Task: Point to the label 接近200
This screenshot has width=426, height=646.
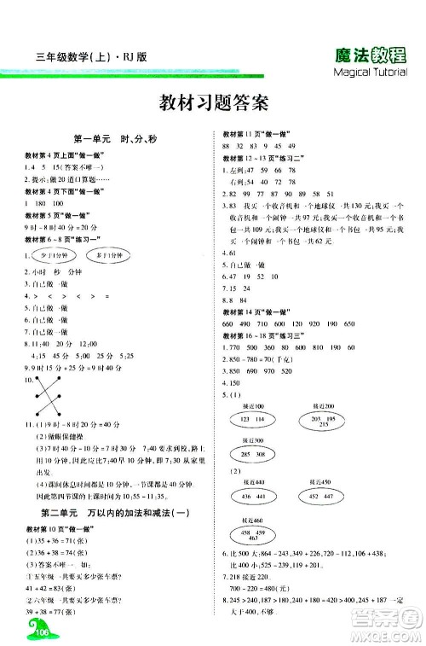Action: [x=324, y=404]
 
